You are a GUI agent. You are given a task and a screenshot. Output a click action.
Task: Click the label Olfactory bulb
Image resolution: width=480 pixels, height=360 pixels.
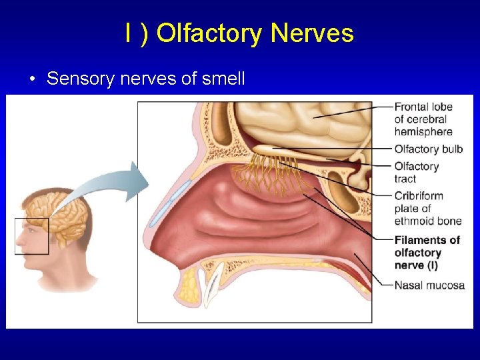coord(428,149)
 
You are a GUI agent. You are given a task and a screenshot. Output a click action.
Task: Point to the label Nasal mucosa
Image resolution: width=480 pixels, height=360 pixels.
coord(429,285)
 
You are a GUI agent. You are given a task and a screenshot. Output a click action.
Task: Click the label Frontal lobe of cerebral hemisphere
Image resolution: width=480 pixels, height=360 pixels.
coord(423,119)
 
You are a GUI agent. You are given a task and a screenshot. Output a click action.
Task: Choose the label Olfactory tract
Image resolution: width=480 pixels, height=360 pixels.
coord(416,172)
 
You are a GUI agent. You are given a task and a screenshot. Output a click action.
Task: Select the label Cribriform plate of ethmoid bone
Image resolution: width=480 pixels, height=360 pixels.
coord(427,209)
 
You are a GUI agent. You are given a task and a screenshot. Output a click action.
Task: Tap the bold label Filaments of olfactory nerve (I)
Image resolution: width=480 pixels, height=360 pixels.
coord(427,253)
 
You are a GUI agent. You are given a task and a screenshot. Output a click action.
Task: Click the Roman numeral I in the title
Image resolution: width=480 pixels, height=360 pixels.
coord(127,33)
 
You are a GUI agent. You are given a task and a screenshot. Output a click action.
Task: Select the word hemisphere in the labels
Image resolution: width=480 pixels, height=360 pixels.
coord(423,131)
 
